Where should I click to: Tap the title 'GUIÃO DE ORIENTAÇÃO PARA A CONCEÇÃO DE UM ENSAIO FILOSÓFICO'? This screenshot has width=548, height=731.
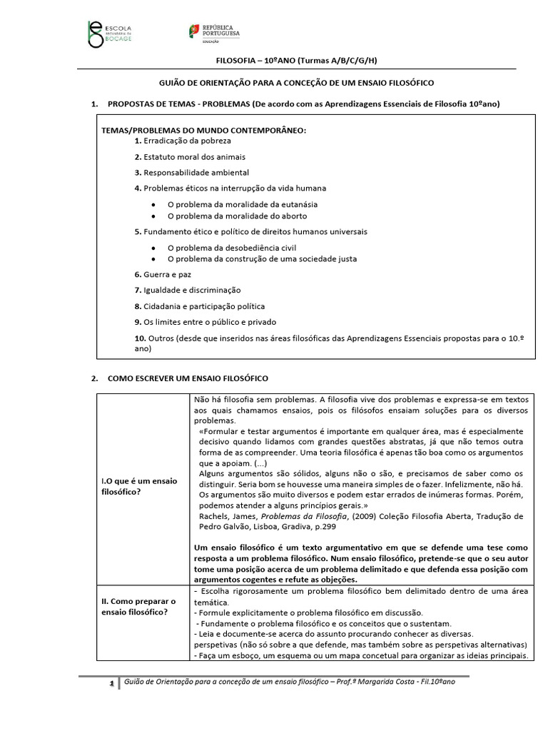[295, 83]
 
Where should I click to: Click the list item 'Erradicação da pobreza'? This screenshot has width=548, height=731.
[183, 141]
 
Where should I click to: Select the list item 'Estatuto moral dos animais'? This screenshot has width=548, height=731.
[190, 157]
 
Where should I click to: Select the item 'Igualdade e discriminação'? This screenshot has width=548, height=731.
[188, 291]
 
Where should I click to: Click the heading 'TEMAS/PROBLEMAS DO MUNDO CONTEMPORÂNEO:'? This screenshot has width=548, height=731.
[203, 130]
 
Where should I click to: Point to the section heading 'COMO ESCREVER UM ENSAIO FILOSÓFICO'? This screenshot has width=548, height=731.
[188, 378]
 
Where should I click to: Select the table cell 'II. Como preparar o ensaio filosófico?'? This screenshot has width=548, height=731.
[139, 608]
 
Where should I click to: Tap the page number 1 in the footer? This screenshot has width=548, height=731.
[111, 684]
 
